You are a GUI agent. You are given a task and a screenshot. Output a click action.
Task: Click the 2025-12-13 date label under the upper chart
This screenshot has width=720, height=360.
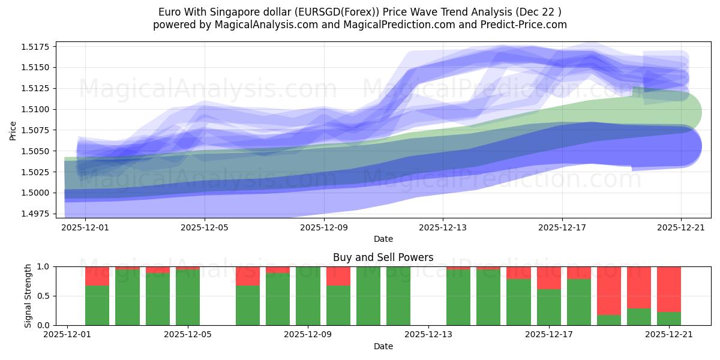click(443, 228)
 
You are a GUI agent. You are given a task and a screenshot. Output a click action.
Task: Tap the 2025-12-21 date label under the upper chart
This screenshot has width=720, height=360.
click(681, 228)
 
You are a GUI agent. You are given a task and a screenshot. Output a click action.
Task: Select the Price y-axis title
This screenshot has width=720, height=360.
click(13, 130)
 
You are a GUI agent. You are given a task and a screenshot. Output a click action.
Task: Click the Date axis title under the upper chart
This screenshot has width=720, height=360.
click(383, 239)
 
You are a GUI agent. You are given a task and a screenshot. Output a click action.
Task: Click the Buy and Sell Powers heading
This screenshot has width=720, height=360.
click(383, 257)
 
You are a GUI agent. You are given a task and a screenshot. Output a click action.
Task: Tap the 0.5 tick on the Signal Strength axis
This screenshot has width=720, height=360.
click(43, 296)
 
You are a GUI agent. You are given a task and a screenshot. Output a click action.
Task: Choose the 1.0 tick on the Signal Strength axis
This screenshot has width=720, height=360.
click(43, 266)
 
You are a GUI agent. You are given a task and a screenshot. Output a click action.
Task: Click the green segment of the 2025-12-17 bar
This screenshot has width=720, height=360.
click(548, 307)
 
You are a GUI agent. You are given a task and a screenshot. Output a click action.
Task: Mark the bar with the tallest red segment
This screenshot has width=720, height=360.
click(608, 290)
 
